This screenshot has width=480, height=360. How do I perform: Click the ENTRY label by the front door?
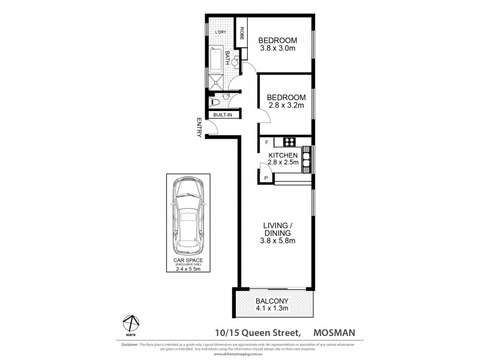(199, 128)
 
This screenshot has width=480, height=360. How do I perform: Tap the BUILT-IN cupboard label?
(223, 114)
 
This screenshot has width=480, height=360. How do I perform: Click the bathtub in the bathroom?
(217, 59)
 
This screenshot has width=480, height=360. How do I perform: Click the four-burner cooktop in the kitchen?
(289, 142)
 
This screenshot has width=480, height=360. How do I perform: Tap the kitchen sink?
(307, 160)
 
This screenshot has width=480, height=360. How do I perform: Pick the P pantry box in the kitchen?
(266, 178)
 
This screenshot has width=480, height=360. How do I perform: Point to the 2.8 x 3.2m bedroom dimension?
(286, 106)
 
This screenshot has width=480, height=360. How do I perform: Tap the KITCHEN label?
(283, 155)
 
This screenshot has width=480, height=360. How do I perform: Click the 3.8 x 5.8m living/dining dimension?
(278, 241)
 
